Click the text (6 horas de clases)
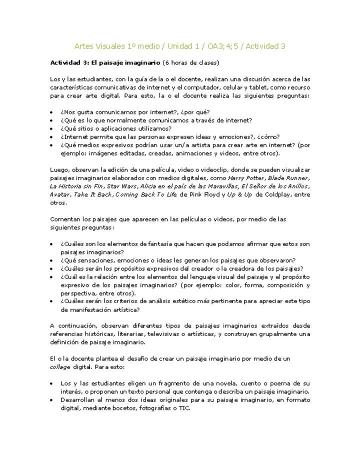pyautogui.click(x=191, y=63)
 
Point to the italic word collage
pyautogui.click(x=60, y=366)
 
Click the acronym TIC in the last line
pyautogui.click(x=184, y=407)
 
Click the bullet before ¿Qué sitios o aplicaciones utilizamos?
pyautogui.click(x=53, y=128)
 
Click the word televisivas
pyautogui.click(x=165, y=334)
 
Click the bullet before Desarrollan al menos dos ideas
pyautogui.click(x=53, y=400)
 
